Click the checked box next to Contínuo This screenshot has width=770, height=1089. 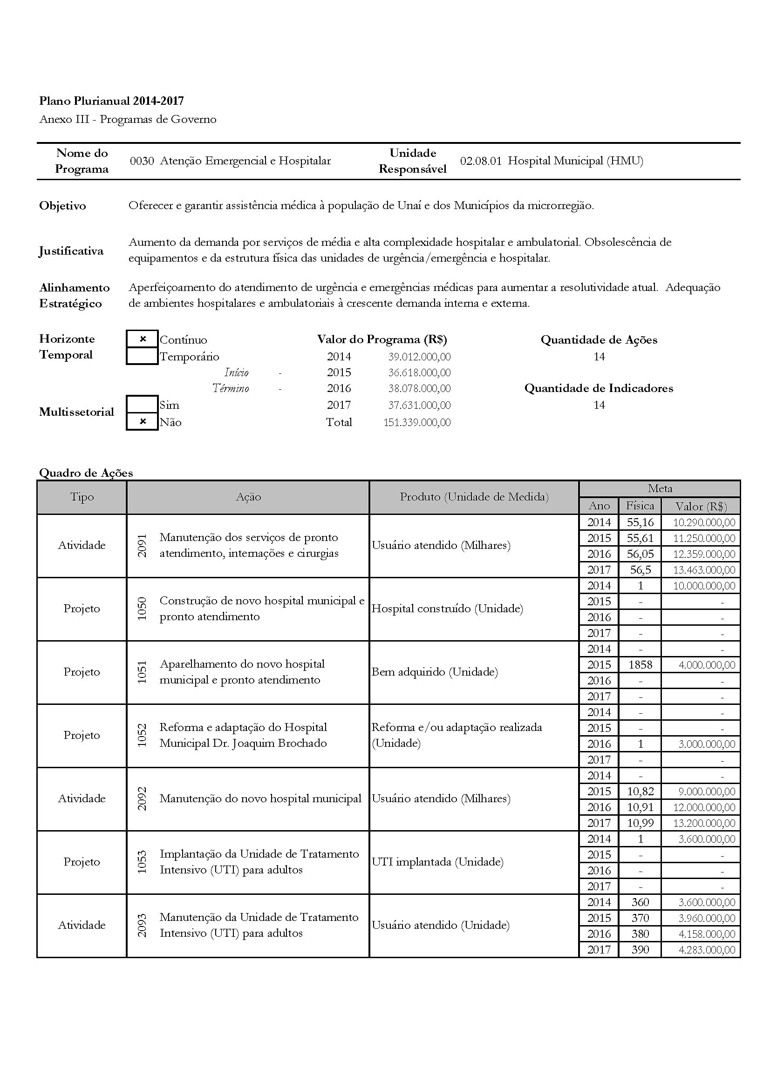coord(143,339)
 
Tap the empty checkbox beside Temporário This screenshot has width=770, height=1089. coord(143,356)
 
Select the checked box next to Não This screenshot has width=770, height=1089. coord(143,422)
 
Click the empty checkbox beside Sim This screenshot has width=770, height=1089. coord(143,405)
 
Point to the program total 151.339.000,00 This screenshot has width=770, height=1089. coord(417,423)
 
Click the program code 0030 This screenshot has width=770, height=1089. coord(142,161)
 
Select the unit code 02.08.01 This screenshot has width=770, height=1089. coord(481,161)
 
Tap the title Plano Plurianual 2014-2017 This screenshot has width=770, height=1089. coord(111,101)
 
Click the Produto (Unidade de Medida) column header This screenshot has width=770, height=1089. coord(474,497)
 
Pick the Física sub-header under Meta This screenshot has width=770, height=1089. coord(640,506)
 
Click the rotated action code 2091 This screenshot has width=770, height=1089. coord(142,546)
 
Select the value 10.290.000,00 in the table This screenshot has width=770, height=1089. coord(704,523)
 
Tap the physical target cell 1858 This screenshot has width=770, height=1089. coord(640,665)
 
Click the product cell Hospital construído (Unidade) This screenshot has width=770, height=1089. coord(447,609)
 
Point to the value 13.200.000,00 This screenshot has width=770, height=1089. coord(704,824)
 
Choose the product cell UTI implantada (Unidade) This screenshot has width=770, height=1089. coord(437,862)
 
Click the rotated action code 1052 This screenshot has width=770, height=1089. coord(142,736)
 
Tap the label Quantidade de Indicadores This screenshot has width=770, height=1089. coord(598,388)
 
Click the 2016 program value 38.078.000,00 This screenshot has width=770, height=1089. coord(419,388)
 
